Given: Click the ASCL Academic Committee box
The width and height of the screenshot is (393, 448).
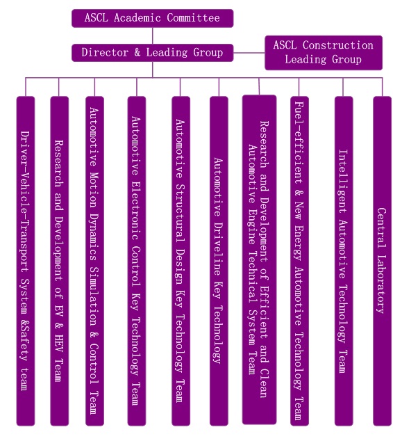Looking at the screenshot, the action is click(152, 18).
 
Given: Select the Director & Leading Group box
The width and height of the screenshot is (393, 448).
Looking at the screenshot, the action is click(152, 53).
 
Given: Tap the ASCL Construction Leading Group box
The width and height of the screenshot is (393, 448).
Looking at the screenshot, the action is click(324, 53).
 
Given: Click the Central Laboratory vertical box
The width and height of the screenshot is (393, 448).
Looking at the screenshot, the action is click(382, 261).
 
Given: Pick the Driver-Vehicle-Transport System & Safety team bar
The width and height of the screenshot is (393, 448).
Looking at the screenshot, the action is click(26, 261).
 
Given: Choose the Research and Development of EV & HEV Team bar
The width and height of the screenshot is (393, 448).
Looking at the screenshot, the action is click(59, 261).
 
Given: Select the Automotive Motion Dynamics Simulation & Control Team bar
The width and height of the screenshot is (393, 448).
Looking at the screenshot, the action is click(94, 261).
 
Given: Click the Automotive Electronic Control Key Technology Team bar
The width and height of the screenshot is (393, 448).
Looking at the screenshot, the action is click(137, 261).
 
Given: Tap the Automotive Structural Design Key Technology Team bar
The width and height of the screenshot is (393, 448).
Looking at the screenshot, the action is click(181, 261).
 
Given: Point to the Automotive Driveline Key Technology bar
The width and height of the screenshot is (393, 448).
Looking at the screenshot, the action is click(219, 261).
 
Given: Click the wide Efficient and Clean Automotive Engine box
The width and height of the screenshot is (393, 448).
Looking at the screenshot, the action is click(259, 259).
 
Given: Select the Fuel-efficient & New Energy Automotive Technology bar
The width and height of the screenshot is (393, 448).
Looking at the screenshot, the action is click(299, 261).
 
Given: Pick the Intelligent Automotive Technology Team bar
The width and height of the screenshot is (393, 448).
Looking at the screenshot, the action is click(344, 261).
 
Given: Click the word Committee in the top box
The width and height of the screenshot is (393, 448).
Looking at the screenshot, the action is click(193, 18).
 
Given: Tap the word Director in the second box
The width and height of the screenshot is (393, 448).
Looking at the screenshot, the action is click(105, 53).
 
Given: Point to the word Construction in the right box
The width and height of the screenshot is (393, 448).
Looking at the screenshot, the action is click(338, 45).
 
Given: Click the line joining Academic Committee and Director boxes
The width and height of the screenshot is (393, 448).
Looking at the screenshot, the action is click(153, 35).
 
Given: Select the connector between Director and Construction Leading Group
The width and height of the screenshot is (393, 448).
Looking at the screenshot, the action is click(249, 53).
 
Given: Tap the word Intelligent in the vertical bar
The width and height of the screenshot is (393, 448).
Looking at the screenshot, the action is click(343, 182).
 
